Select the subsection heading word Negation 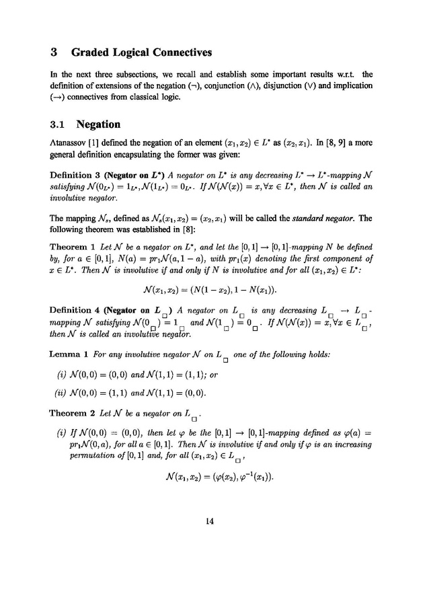(x=99, y=124)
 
